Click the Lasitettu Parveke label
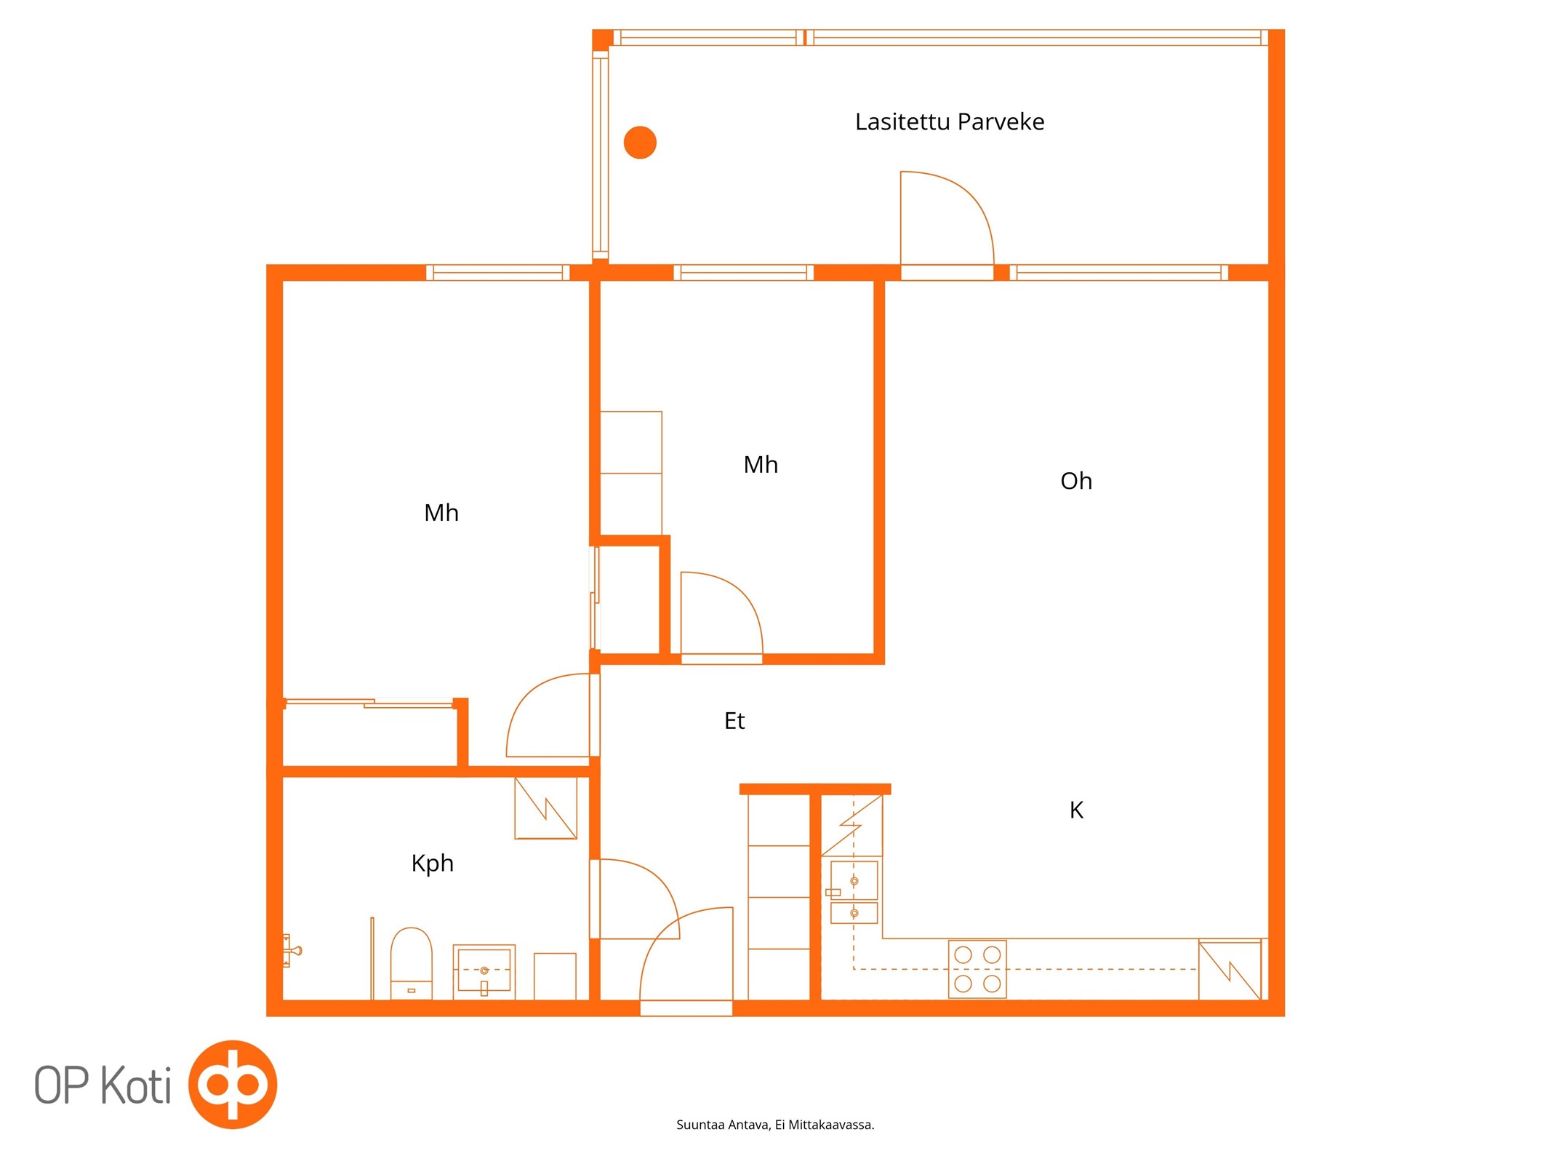(949, 121)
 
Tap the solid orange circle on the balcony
(640, 142)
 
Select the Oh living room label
(1076, 481)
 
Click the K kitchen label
(1076, 810)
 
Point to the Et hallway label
(734, 721)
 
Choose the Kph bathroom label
(433, 864)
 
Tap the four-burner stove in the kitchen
(977, 969)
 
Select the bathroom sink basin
(484, 971)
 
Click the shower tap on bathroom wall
(292, 950)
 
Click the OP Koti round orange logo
(233, 1085)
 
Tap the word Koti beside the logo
(136, 1085)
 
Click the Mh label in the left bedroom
(441, 513)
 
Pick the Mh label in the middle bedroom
(761, 465)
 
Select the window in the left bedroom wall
(498, 273)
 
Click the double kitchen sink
(854, 891)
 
